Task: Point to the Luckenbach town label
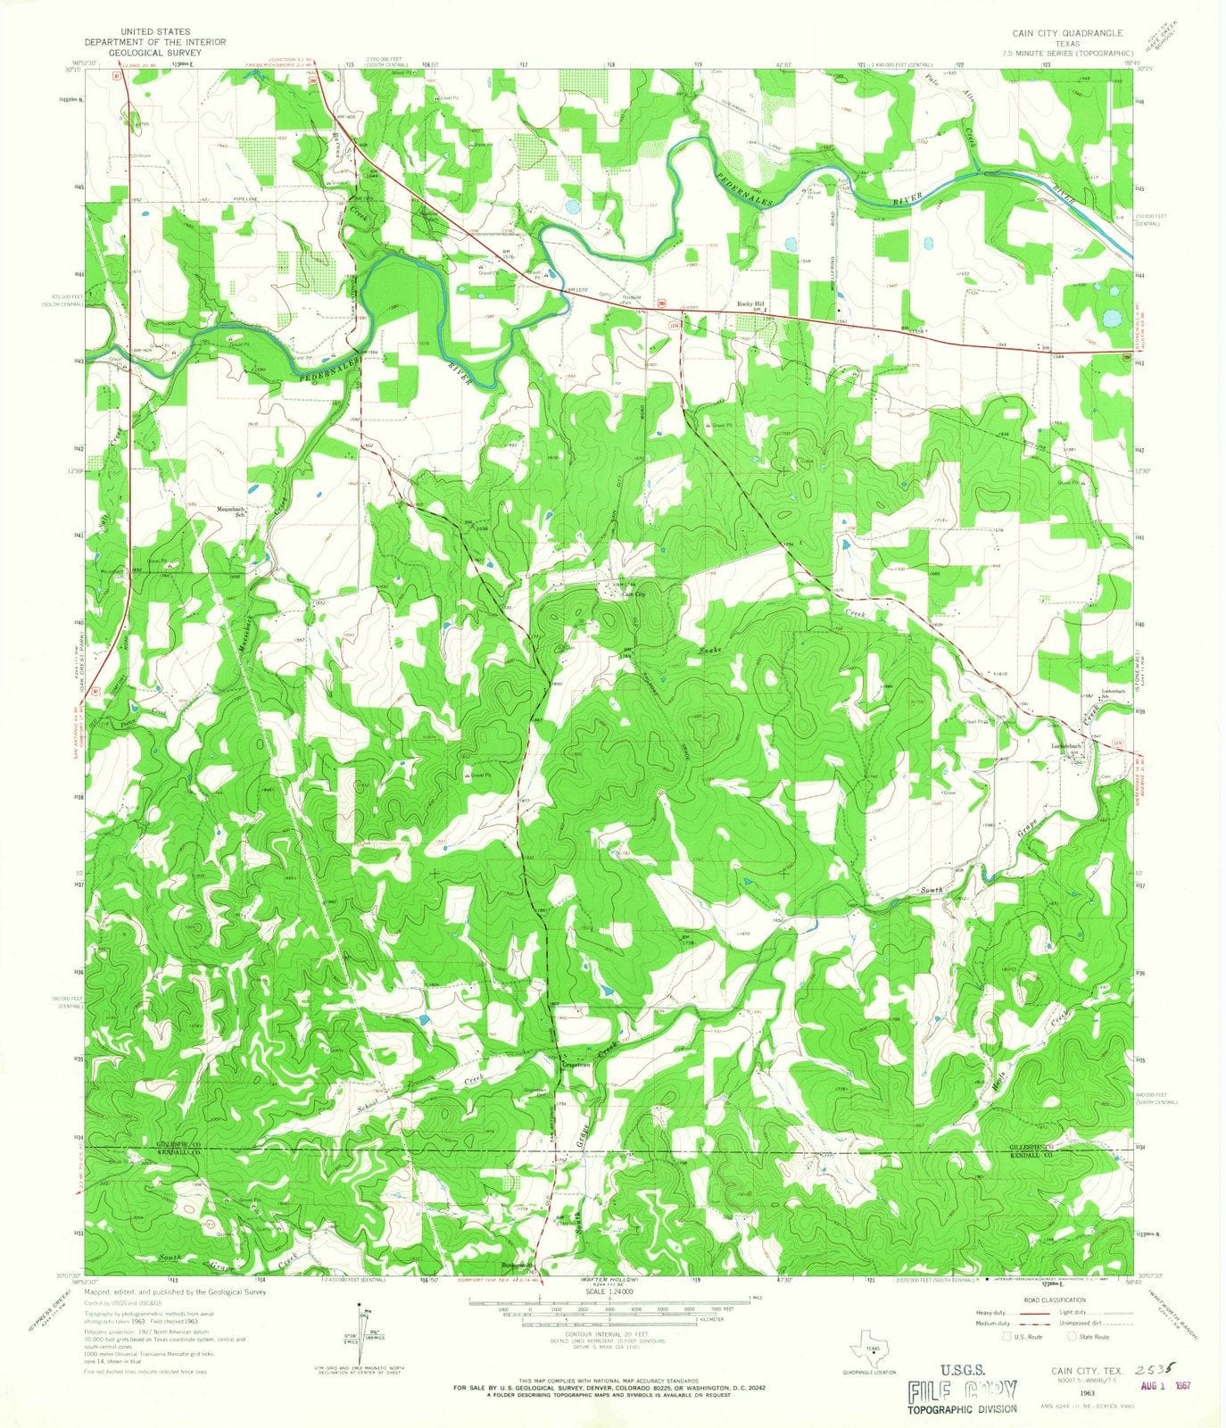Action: coord(1066,746)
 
